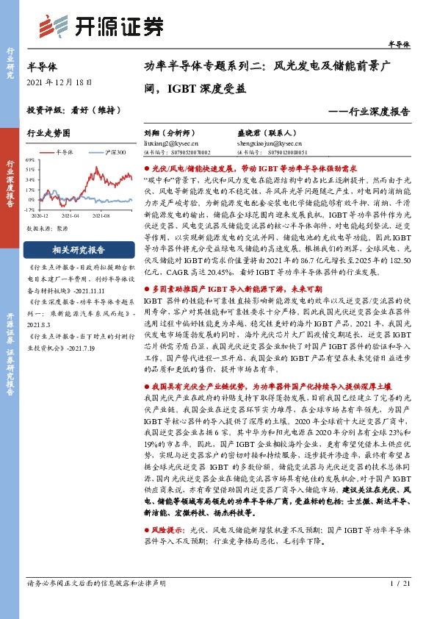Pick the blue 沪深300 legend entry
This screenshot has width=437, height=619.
pyautogui.click(x=112, y=152)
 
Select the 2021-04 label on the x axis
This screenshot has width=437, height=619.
pyautogui.click(x=71, y=216)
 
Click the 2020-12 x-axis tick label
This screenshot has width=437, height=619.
pyautogui.click(x=40, y=216)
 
